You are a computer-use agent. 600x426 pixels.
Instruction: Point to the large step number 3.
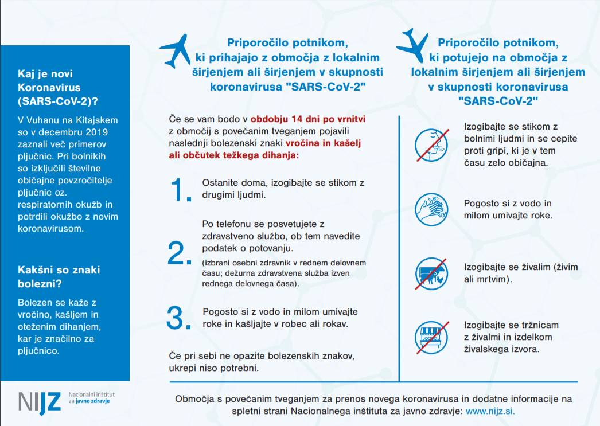tap(179, 318)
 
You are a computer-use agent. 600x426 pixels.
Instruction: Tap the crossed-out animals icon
tap(431, 273)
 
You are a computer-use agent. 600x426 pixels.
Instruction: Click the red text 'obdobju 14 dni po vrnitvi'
tap(307, 119)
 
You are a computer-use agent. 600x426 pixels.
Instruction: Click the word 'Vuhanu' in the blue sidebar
tap(45, 120)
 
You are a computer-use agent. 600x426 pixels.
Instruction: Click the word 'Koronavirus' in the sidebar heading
tap(49, 88)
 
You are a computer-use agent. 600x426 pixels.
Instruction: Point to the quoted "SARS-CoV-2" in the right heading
tap(498, 100)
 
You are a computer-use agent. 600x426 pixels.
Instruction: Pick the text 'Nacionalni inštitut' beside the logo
tap(92, 394)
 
